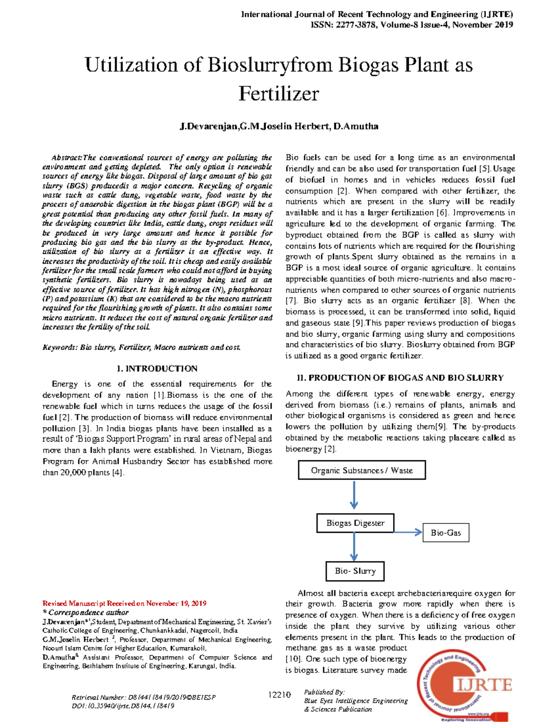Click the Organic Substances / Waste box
(x=362, y=470)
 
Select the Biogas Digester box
(x=355, y=523)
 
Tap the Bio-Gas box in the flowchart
(x=445, y=533)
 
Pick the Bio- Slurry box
(x=355, y=571)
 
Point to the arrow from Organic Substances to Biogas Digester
(x=354, y=495)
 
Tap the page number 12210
(x=279, y=695)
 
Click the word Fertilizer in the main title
(x=279, y=93)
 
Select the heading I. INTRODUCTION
(x=157, y=369)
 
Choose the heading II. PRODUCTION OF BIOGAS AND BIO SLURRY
(x=400, y=378)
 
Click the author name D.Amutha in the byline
(x=356, y=126)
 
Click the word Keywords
(x=60, y=347)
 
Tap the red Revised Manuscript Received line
(x=125, y=603)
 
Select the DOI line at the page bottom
(x=123, y=706)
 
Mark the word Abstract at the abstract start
(x=66, y=158)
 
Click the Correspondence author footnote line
(x=86, y=613)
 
